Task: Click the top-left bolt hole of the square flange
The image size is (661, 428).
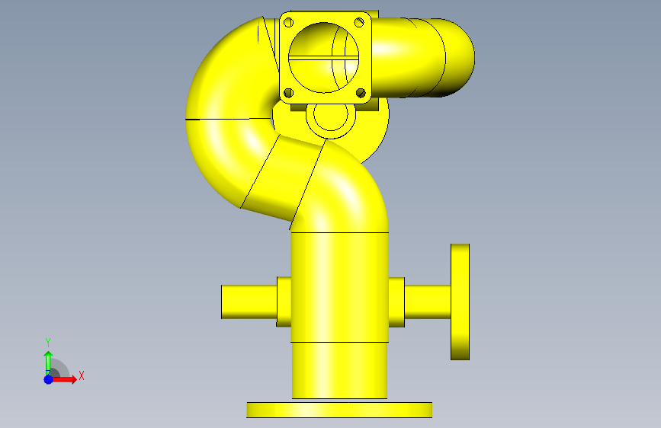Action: (x=289, y=22)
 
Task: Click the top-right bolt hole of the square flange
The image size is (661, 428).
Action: (x=359, y=22)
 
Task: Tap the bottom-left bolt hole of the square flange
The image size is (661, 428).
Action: (x=289, y=93)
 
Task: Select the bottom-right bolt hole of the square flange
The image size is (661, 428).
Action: (x=361, y=93)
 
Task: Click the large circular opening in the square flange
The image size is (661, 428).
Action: (x=324, y=57)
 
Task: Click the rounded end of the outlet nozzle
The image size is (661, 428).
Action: (x=460, y=58)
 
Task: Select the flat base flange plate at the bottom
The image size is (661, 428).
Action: (x=339, y=410)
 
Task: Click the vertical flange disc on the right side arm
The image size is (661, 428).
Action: (x=460, y=302)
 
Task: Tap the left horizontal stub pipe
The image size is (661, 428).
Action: (x=249, y=302)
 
